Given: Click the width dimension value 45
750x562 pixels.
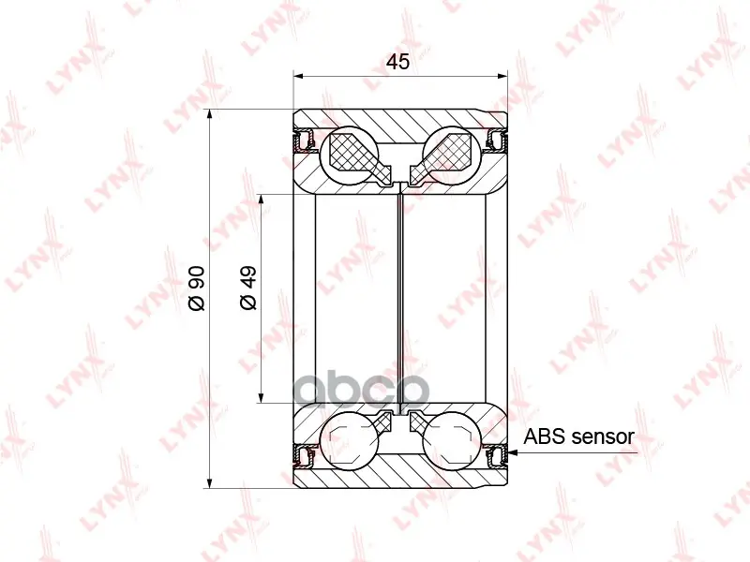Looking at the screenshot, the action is coord(397,62).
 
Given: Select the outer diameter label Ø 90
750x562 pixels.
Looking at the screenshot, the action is coord(197,288).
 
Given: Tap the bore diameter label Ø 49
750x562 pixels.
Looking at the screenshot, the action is coord(248,288).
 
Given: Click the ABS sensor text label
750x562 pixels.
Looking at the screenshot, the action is coord(578,436).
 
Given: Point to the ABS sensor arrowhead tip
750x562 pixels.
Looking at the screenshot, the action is coord(508,452).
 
